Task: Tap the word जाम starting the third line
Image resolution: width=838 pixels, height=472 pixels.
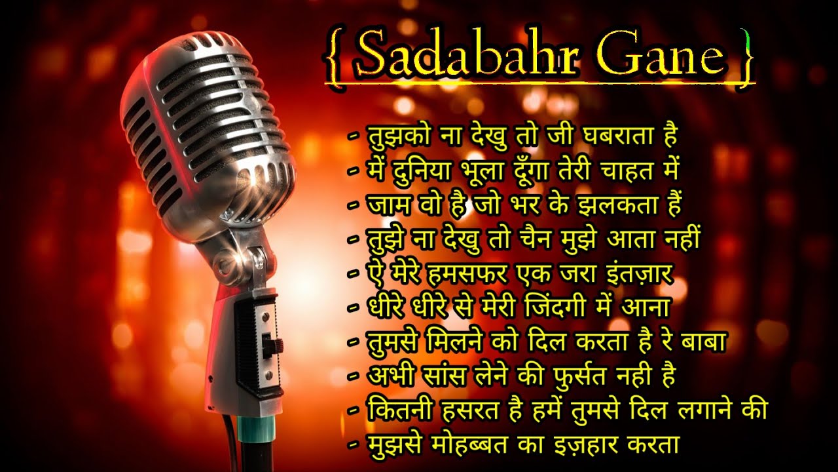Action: (386, 205)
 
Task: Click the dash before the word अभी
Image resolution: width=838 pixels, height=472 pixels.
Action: (354, 377)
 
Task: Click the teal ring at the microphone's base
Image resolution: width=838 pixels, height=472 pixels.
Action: (257, 429)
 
